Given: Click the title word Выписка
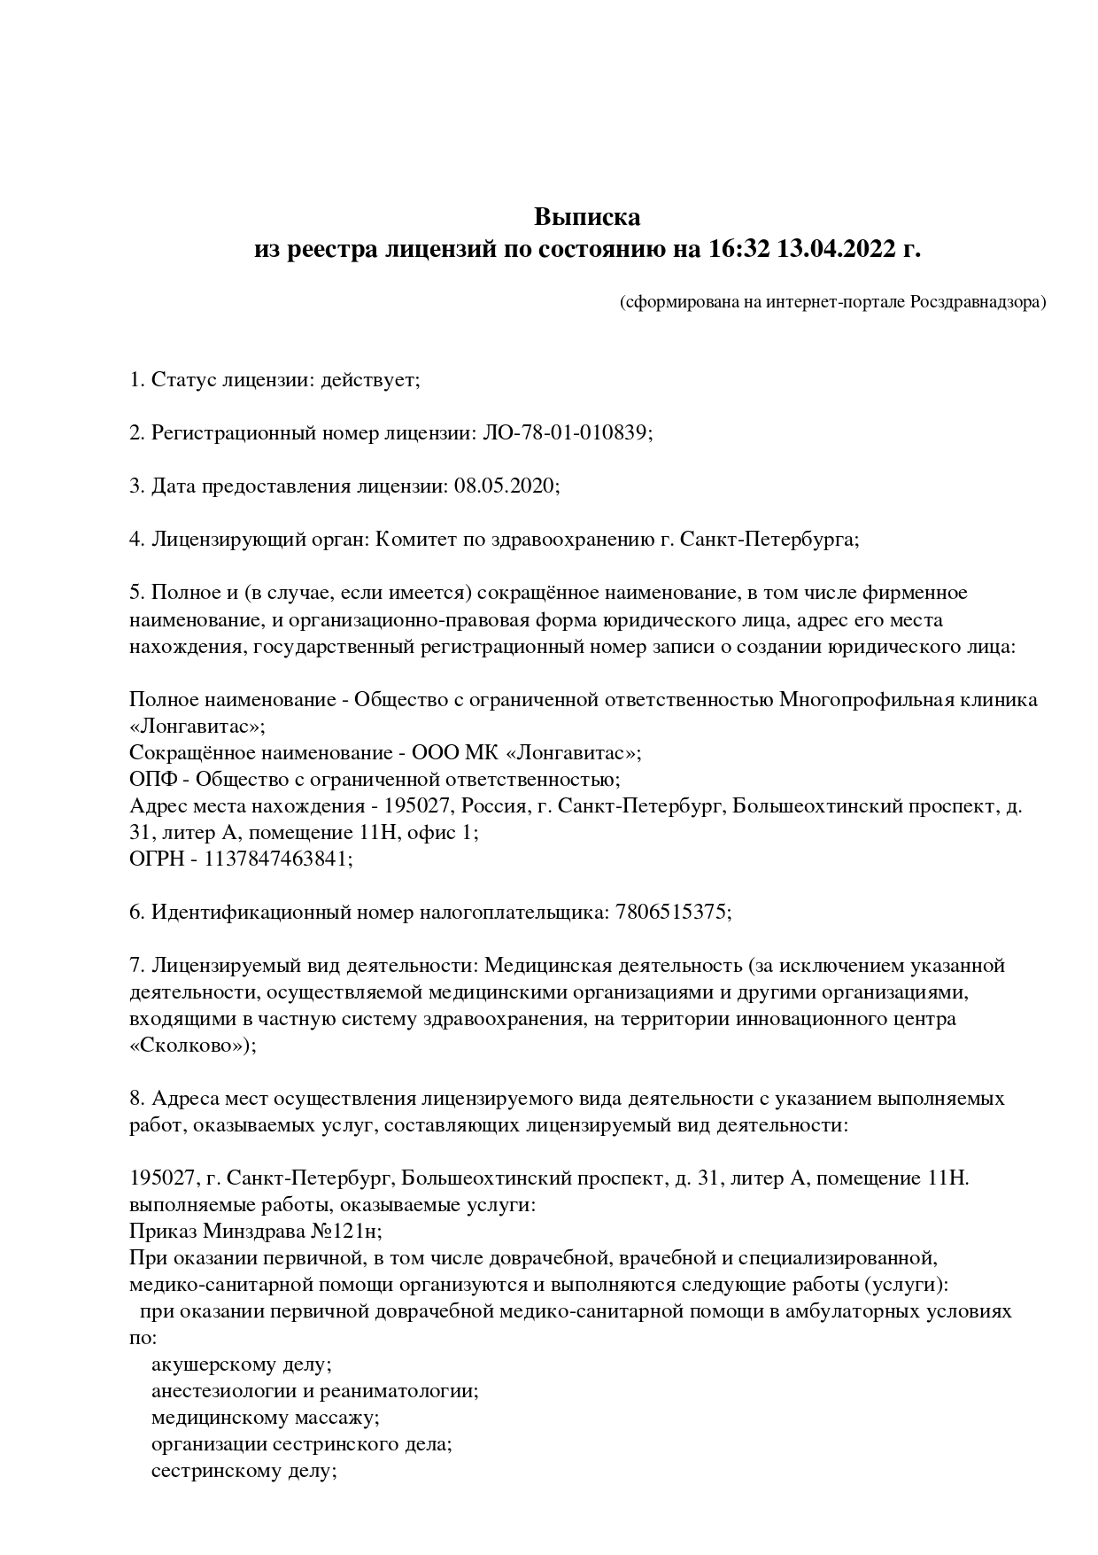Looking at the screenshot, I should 586,217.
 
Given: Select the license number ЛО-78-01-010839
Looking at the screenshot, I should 566,433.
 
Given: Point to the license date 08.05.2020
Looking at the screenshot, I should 504,486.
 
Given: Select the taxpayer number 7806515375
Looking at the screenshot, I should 670,912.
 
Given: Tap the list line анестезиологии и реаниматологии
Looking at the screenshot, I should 314,1390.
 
